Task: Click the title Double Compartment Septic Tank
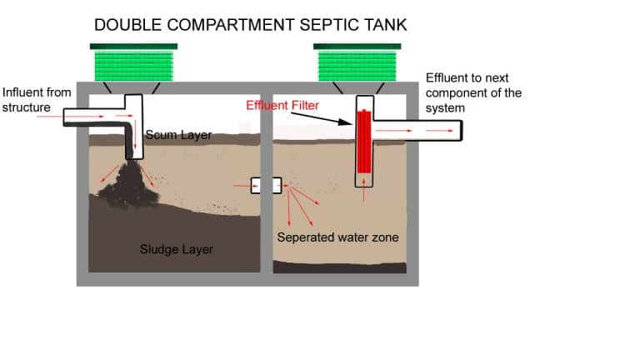click(251, 24)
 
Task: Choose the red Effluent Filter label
click(284, 106)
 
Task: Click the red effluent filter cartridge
click(363, 140)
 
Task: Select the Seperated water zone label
click(337, 237)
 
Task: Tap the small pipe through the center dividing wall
click(267, 185)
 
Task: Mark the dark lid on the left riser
click(133, 46)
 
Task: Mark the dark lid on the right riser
click(357, 46)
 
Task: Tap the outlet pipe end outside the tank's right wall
click(454, 130)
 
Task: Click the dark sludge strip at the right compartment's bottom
click(340, 267)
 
